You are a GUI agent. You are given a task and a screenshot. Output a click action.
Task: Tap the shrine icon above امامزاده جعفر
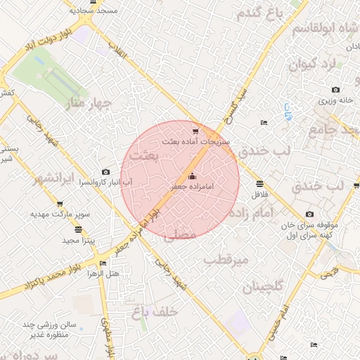[x=193, y=176]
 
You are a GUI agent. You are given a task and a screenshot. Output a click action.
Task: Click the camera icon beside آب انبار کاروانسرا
[x=105, y=172]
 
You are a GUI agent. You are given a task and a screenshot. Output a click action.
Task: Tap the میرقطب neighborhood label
[x=227, y=260]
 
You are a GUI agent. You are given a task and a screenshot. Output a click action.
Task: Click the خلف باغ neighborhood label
[x=155, y=310]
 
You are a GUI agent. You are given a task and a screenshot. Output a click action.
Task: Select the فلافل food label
[x=260, y=193]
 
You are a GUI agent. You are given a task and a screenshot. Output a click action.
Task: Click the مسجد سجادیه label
[x=97, y=12]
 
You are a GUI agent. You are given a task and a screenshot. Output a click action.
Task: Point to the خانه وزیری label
[x=337, y=101]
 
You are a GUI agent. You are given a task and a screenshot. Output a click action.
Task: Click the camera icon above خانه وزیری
[x=335, y=90]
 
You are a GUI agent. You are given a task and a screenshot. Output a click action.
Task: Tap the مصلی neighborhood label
[x=179, y=236]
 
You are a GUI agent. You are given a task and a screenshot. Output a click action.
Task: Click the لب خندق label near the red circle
[x=264, y=151]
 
